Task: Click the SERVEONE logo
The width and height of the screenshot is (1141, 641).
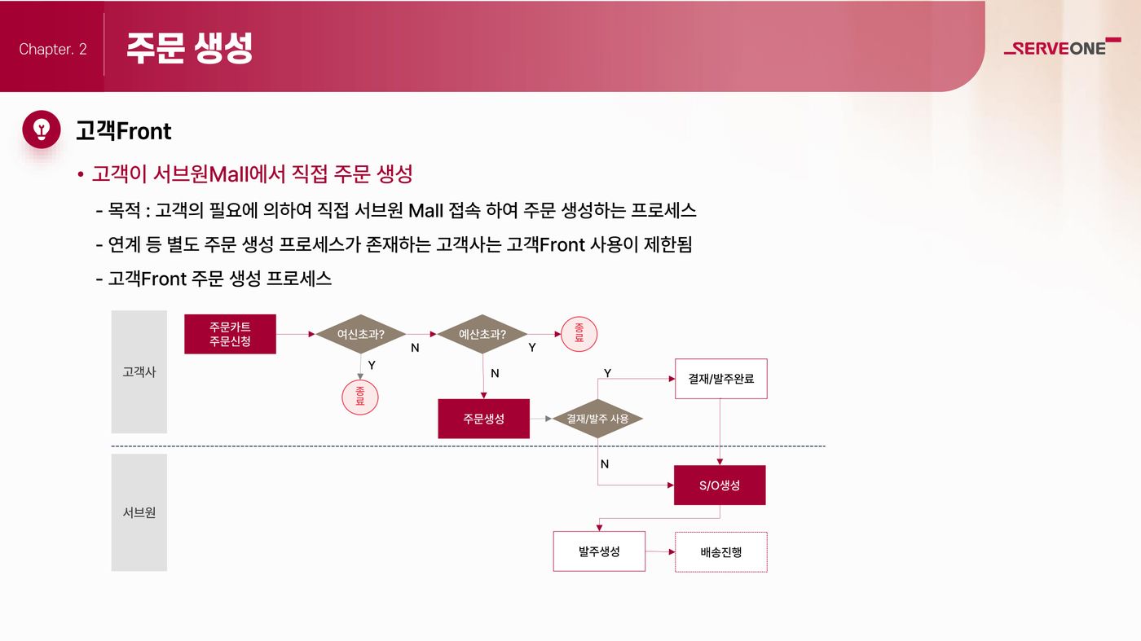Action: (1062, 46)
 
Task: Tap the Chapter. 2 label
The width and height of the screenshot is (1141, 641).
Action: (53, 49)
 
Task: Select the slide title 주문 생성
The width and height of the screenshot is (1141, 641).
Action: (189, 48)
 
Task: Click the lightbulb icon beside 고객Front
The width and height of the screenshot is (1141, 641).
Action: (42, 130)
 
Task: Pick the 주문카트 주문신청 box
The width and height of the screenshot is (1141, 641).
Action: (230, 334)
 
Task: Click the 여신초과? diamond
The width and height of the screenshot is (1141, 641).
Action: (360, 334)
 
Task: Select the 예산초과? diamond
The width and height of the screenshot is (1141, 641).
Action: (482, 334)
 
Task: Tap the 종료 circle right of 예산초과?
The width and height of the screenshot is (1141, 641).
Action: (579, 334)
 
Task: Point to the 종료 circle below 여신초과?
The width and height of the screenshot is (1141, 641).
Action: (360, 397)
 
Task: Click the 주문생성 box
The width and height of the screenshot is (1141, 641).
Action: (484, 419)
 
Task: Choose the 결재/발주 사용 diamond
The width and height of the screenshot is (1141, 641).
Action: (597, 419)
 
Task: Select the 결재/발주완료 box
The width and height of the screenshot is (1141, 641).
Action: (721, 379)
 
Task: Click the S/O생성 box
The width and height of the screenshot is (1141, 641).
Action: (720, 485)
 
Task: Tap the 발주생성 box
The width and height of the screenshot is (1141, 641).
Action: (599, 551)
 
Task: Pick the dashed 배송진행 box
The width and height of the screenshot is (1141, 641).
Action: (721, 552)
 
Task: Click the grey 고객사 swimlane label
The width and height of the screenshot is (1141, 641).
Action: (139, 371)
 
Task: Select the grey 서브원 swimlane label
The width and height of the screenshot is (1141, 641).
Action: (139, 512)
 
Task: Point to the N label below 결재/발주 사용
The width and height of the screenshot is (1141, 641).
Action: (605, 463)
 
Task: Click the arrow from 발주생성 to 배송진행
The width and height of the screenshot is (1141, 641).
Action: (660, 551)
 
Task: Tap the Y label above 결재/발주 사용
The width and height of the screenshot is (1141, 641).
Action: (607, 373)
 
